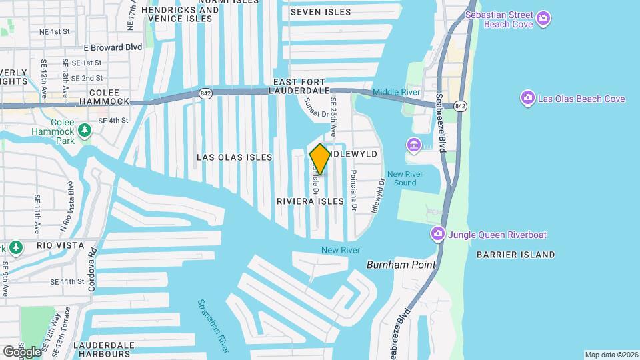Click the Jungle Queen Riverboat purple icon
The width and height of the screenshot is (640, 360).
(x=438, y=234)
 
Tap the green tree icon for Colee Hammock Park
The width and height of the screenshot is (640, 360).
(x=85, y=129)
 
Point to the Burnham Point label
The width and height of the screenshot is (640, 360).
(x=401, y=265)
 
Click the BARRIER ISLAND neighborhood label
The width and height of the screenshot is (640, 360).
(x=515, y=255)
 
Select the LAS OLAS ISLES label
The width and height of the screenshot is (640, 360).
(x=234, y=157)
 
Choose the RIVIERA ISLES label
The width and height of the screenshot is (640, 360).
(x=310, y=201)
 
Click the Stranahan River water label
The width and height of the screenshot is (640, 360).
(x=213, y=325)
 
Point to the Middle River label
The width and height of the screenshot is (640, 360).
(x=395, y=92)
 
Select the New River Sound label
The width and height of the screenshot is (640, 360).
(x=401, y=178)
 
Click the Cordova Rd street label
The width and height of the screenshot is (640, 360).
(x=93, y=270)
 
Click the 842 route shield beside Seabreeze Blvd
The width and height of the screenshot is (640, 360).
(x=460, y=107)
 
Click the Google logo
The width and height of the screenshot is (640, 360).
(x=22, y=351)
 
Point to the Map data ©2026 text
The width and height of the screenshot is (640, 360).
(x=611, y=355)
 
